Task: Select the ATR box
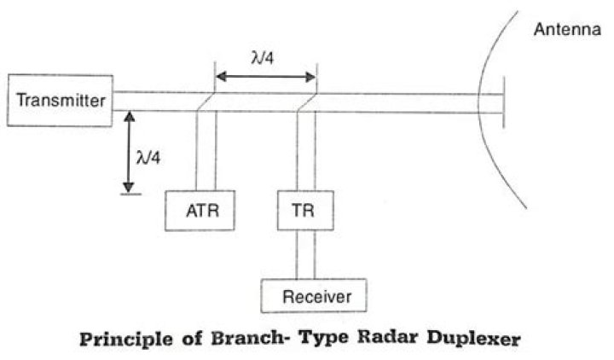click(x=197, y=209)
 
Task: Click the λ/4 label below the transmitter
click(x=148, y=157)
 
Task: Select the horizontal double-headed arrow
click(x=264, y=77)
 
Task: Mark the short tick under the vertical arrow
click(x=127, y=194)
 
